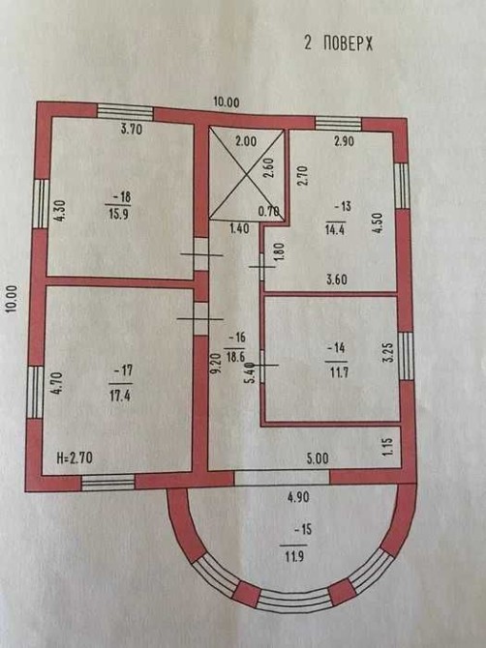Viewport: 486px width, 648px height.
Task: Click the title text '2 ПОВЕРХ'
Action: (338, 43)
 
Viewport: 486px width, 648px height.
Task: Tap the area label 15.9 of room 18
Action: (118, 216)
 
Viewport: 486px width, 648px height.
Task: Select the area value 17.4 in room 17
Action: (120, 396)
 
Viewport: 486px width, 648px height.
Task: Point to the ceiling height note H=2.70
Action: (75, 457)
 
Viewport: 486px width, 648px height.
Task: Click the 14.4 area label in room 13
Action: (335, 229)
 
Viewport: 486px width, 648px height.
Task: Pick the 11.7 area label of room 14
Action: (338, 372)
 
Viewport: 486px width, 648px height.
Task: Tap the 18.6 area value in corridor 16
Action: (235, 356)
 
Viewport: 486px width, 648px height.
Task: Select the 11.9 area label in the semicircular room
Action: (294, 556)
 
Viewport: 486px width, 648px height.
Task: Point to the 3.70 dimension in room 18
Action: (132, 130)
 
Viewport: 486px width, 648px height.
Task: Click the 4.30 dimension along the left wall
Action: (60, 211)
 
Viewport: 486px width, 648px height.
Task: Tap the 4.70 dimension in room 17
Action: (57, 384)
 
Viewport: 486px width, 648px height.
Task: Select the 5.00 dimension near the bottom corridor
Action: (318, 458)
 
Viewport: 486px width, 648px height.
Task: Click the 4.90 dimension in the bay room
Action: (298, 497)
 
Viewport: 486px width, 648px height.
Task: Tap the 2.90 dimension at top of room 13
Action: (344, 141)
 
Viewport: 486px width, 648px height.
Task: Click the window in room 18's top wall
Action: (125, 112)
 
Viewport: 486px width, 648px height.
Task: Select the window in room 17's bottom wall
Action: (108, 483)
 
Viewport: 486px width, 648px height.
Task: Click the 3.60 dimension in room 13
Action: (337, 280)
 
